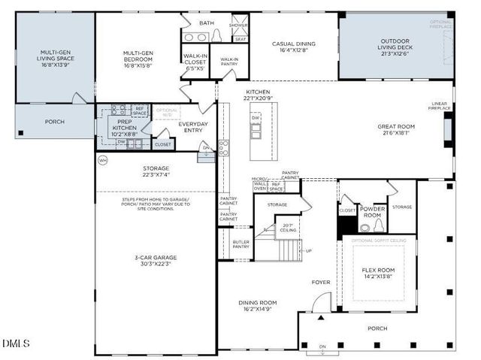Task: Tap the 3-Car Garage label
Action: click(156, 260)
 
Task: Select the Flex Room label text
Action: click(378, 273)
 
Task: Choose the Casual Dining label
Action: click(294, 47)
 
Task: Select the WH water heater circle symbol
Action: click(103, 160)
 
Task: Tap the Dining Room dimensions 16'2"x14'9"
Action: click(258, 309)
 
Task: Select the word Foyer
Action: click(321, 283)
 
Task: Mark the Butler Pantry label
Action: click(241, 244)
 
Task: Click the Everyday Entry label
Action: click(193, 128)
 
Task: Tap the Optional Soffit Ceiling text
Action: click(378, 240)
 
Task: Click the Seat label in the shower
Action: click(240, 39)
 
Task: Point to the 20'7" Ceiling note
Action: click(288, 228)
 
